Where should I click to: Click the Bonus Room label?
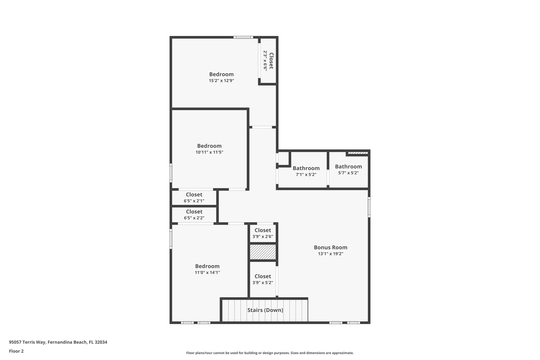330,247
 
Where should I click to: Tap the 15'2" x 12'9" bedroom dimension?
221,81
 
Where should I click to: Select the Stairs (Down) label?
265,310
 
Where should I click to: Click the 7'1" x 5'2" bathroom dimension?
306,175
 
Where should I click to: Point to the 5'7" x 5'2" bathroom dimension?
348,173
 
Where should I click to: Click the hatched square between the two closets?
263,252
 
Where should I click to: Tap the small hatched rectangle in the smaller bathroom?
358,153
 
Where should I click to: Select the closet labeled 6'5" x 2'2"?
194,215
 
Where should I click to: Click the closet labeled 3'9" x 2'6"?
263,233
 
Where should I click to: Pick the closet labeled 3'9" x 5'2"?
263,279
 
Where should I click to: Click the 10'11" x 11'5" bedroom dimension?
209,152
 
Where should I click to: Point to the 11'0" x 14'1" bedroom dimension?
207,273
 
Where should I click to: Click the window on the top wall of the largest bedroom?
243,37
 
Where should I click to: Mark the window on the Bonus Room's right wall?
369,207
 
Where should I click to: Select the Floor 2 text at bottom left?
16,351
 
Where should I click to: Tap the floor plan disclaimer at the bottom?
270,353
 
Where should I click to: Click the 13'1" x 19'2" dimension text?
330,254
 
